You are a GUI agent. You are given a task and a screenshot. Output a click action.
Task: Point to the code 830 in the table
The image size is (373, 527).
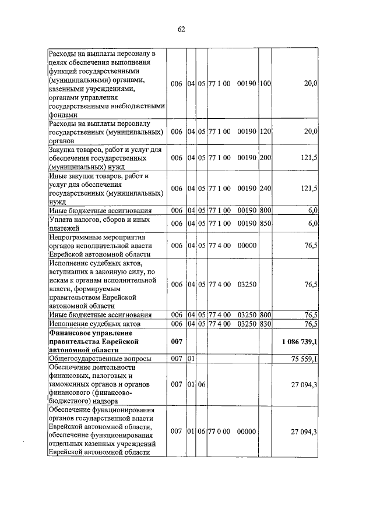(266, 324)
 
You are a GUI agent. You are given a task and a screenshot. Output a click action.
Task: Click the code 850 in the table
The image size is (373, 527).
(266, 224)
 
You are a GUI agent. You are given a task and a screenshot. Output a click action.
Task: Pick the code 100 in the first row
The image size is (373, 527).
(266, 84)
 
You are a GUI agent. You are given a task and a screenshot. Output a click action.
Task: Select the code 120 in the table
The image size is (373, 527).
(266, 132)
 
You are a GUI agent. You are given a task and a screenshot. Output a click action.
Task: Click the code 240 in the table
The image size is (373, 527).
(266, 188)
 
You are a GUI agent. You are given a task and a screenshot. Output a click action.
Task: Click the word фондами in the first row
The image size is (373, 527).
(65, 115)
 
